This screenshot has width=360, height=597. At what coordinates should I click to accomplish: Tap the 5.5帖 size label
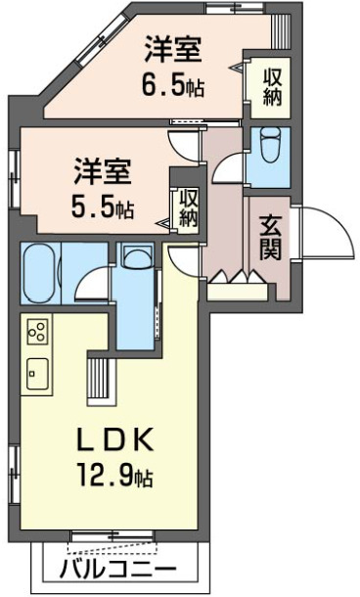tap(103, 207)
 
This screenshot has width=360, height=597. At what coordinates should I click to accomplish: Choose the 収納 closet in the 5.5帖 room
tap(188, 207)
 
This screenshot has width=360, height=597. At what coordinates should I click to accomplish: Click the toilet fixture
tap(271, 147)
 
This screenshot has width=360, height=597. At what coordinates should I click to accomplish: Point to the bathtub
tap(40, 275)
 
